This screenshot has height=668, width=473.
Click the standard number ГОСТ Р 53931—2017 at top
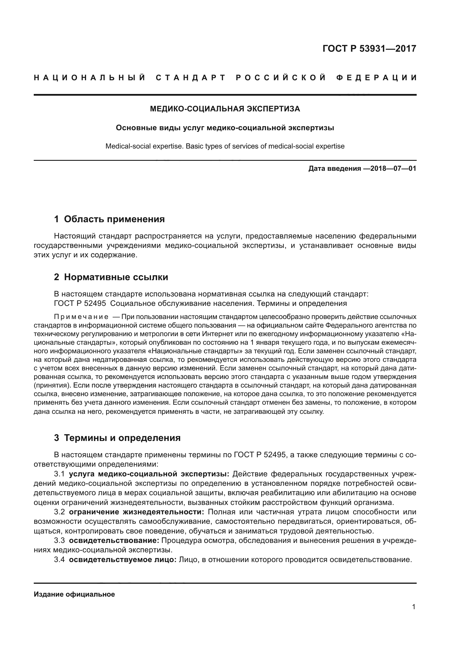[369, 49]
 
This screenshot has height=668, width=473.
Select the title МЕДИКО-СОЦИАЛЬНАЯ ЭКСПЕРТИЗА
[225, 109]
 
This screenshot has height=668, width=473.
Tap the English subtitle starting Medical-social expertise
[225, 146]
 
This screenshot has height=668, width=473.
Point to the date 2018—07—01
[393, 168]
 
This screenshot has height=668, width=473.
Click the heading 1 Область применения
[109, 219]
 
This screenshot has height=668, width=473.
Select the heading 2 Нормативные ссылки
[111, 277]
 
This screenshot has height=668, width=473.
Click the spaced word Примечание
[81, 316]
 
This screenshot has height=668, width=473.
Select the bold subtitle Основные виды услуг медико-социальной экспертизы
[225, 128]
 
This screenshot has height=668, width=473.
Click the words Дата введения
[335, 168]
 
